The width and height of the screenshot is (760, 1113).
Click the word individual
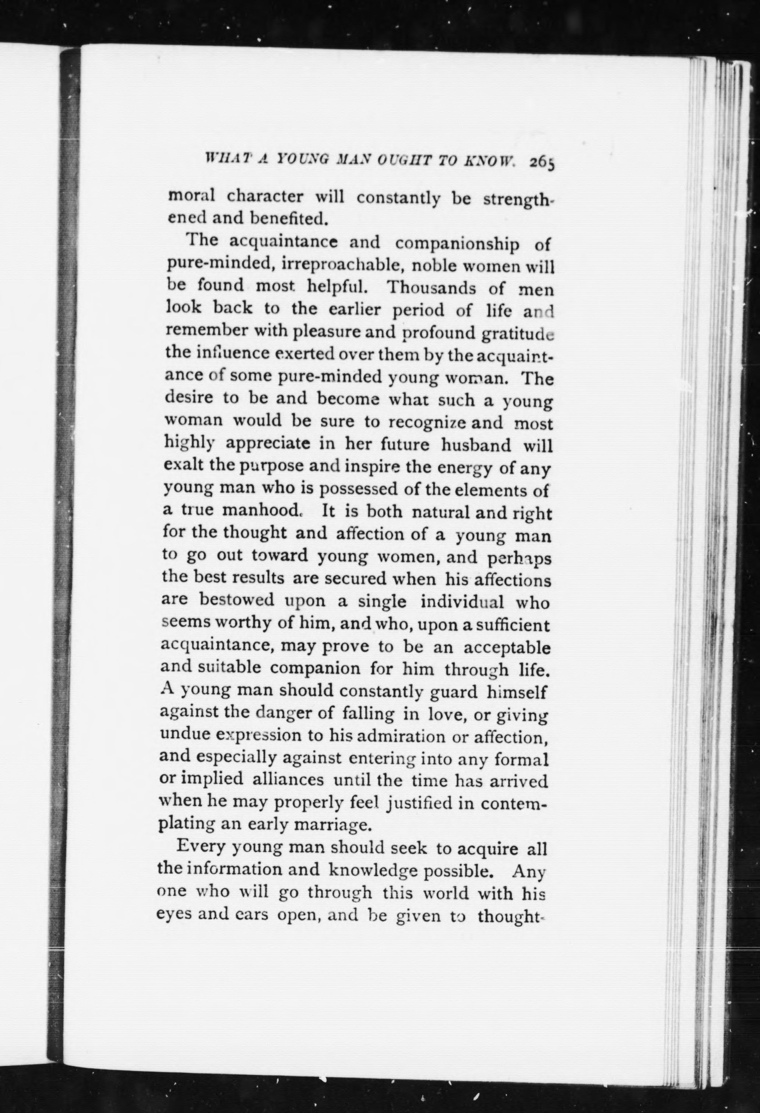pos(462,602)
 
